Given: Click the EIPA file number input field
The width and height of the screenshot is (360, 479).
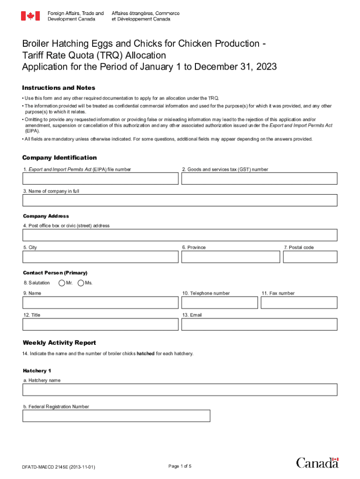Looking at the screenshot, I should tap(101, 179).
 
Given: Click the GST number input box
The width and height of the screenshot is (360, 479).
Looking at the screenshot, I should tap(259, 179).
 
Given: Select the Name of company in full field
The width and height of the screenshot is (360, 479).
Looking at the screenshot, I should tap(180, 200).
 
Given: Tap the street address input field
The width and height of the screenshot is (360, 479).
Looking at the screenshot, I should tap(180, 235).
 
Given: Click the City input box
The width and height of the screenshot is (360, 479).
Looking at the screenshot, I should tap(101, 257).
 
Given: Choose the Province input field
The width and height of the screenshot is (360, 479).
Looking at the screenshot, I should tap(231, 257).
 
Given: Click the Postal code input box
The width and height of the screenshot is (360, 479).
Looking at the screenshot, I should tap(310, 257).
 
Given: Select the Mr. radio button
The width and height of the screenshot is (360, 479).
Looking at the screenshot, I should tap(62, 283).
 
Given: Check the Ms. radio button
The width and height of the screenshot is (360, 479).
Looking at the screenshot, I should tap(81, 283).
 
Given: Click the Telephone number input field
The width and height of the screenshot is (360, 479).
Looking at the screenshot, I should tap(220, 303).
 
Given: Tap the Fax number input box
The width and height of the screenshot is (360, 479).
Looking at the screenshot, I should tap(299, 303).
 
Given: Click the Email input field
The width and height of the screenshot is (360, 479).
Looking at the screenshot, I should tap(259, 324).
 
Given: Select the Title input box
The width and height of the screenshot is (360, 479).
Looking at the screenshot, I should tap(101, 324).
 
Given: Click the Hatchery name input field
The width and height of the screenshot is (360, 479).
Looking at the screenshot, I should tap(180, 390).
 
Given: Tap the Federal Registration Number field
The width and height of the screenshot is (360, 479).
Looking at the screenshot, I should tap(116, 416).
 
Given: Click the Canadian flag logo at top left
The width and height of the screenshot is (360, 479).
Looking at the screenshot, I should tap(30, 16).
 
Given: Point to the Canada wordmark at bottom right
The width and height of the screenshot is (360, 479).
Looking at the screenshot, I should tap(317, 463).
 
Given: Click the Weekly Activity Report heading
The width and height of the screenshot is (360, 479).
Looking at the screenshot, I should tap(59, 343).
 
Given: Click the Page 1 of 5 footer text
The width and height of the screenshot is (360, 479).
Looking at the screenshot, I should tap(180, 466).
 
